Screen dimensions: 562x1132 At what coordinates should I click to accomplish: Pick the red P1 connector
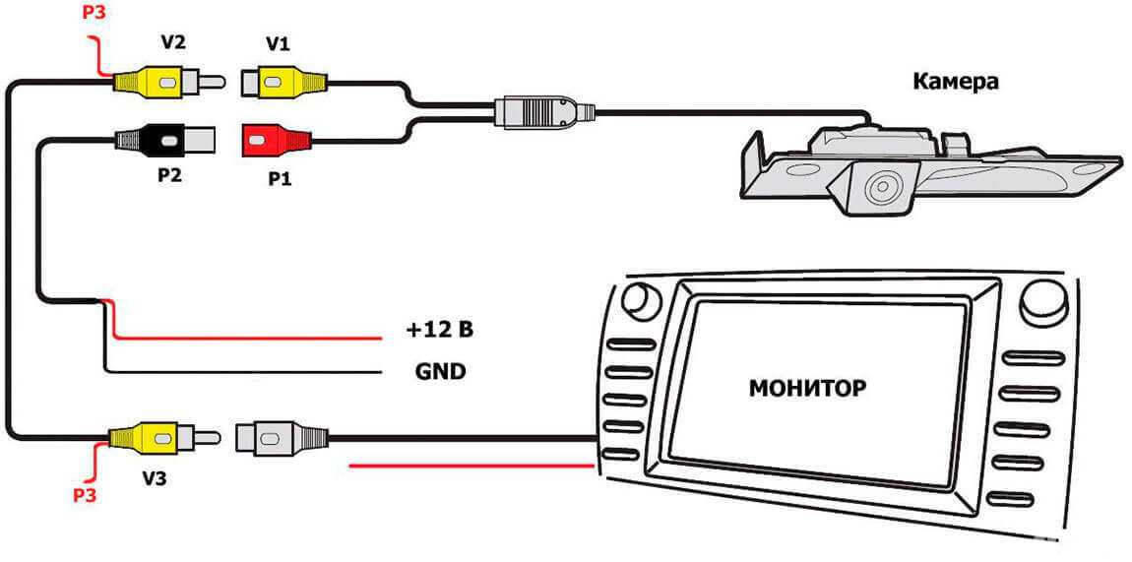pos(275,141)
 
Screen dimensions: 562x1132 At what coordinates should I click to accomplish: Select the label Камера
pos(955,81)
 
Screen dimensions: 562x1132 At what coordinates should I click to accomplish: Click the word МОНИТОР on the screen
pos(807,387)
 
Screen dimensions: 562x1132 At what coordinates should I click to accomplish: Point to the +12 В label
pos(439,329)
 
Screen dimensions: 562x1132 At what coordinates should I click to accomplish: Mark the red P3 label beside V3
pos(87,494)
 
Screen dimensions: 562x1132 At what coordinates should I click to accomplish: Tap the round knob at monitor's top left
pos(641,300)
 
